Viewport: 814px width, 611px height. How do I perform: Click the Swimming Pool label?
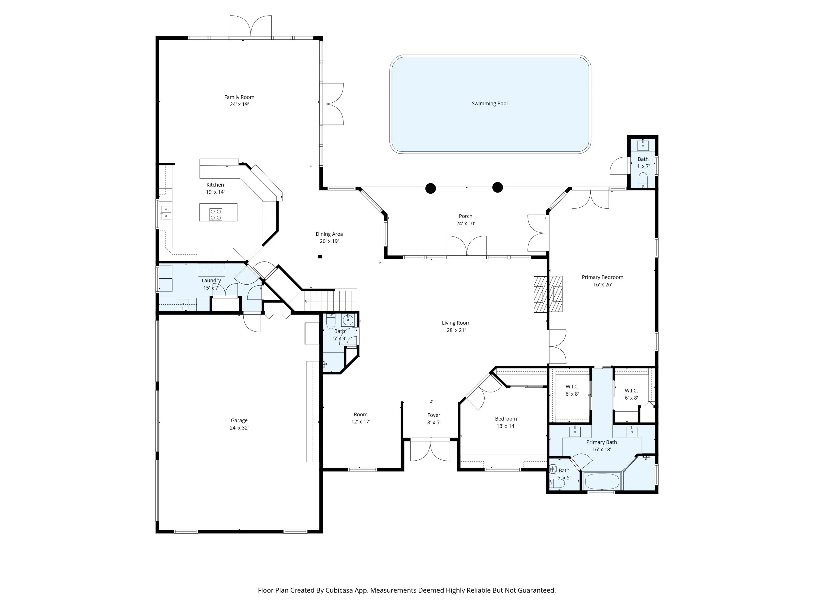489,103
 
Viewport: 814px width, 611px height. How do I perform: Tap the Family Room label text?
239,97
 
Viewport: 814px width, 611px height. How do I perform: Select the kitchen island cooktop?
216,214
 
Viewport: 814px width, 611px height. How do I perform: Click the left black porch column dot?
431,188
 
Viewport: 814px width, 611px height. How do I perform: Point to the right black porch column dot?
498,187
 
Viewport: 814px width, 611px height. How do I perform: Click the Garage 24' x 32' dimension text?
239,428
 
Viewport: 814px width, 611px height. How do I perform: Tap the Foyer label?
434,415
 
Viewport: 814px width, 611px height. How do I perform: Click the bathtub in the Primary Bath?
602,482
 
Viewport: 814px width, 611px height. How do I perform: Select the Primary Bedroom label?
602,277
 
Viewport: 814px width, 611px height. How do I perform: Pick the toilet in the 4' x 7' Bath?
643,180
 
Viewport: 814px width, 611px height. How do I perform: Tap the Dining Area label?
329,234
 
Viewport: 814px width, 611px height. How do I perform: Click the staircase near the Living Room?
330,300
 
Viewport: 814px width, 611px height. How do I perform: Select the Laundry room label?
211,281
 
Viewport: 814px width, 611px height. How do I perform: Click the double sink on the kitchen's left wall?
166,213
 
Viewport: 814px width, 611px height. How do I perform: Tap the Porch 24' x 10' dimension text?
466,223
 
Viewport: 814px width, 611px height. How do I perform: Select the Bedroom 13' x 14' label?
506,423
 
